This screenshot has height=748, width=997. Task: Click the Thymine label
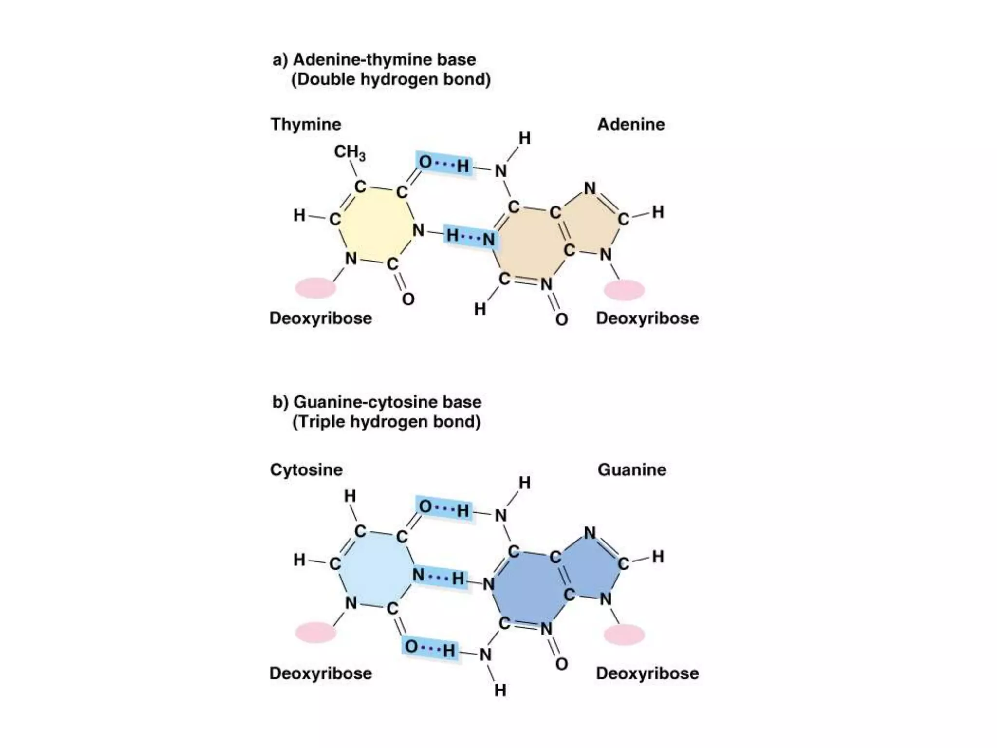pyautogui.click(x=306, y=124)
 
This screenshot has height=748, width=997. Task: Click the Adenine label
pyautogui.click(x=631, y=124)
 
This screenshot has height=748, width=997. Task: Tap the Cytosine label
pyautogui.click(x=306, y=469)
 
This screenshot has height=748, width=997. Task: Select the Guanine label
pyautogui.click(x=632, y=469)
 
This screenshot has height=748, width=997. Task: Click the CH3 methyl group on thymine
pyautogui.click(x=350, y=152)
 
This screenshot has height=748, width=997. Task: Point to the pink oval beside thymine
pyautogui.click(x=315, y=288)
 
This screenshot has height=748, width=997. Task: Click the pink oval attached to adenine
pyautogui.click(x=624, y=290)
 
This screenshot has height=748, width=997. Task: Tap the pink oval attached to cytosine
pyautogui.click(x=315, y=633)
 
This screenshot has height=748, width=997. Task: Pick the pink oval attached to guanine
pyautogui.click(x=624, y=635)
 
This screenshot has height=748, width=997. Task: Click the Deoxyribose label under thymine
pyautogui.click(x=320, y=318)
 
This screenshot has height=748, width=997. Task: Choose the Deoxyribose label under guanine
pyautogui.click(x=647, y=673)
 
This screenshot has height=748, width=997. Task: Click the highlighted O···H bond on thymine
pyautogui.click(x=444, y=164)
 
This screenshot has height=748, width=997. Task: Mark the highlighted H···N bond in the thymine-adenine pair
pyautogui.click(x=470, y=237)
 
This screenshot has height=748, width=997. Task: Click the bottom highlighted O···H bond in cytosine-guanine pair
pyautogui.click(x=430, y=648)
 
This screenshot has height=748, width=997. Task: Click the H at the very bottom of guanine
pyautogui.click(x=500, y=690)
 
